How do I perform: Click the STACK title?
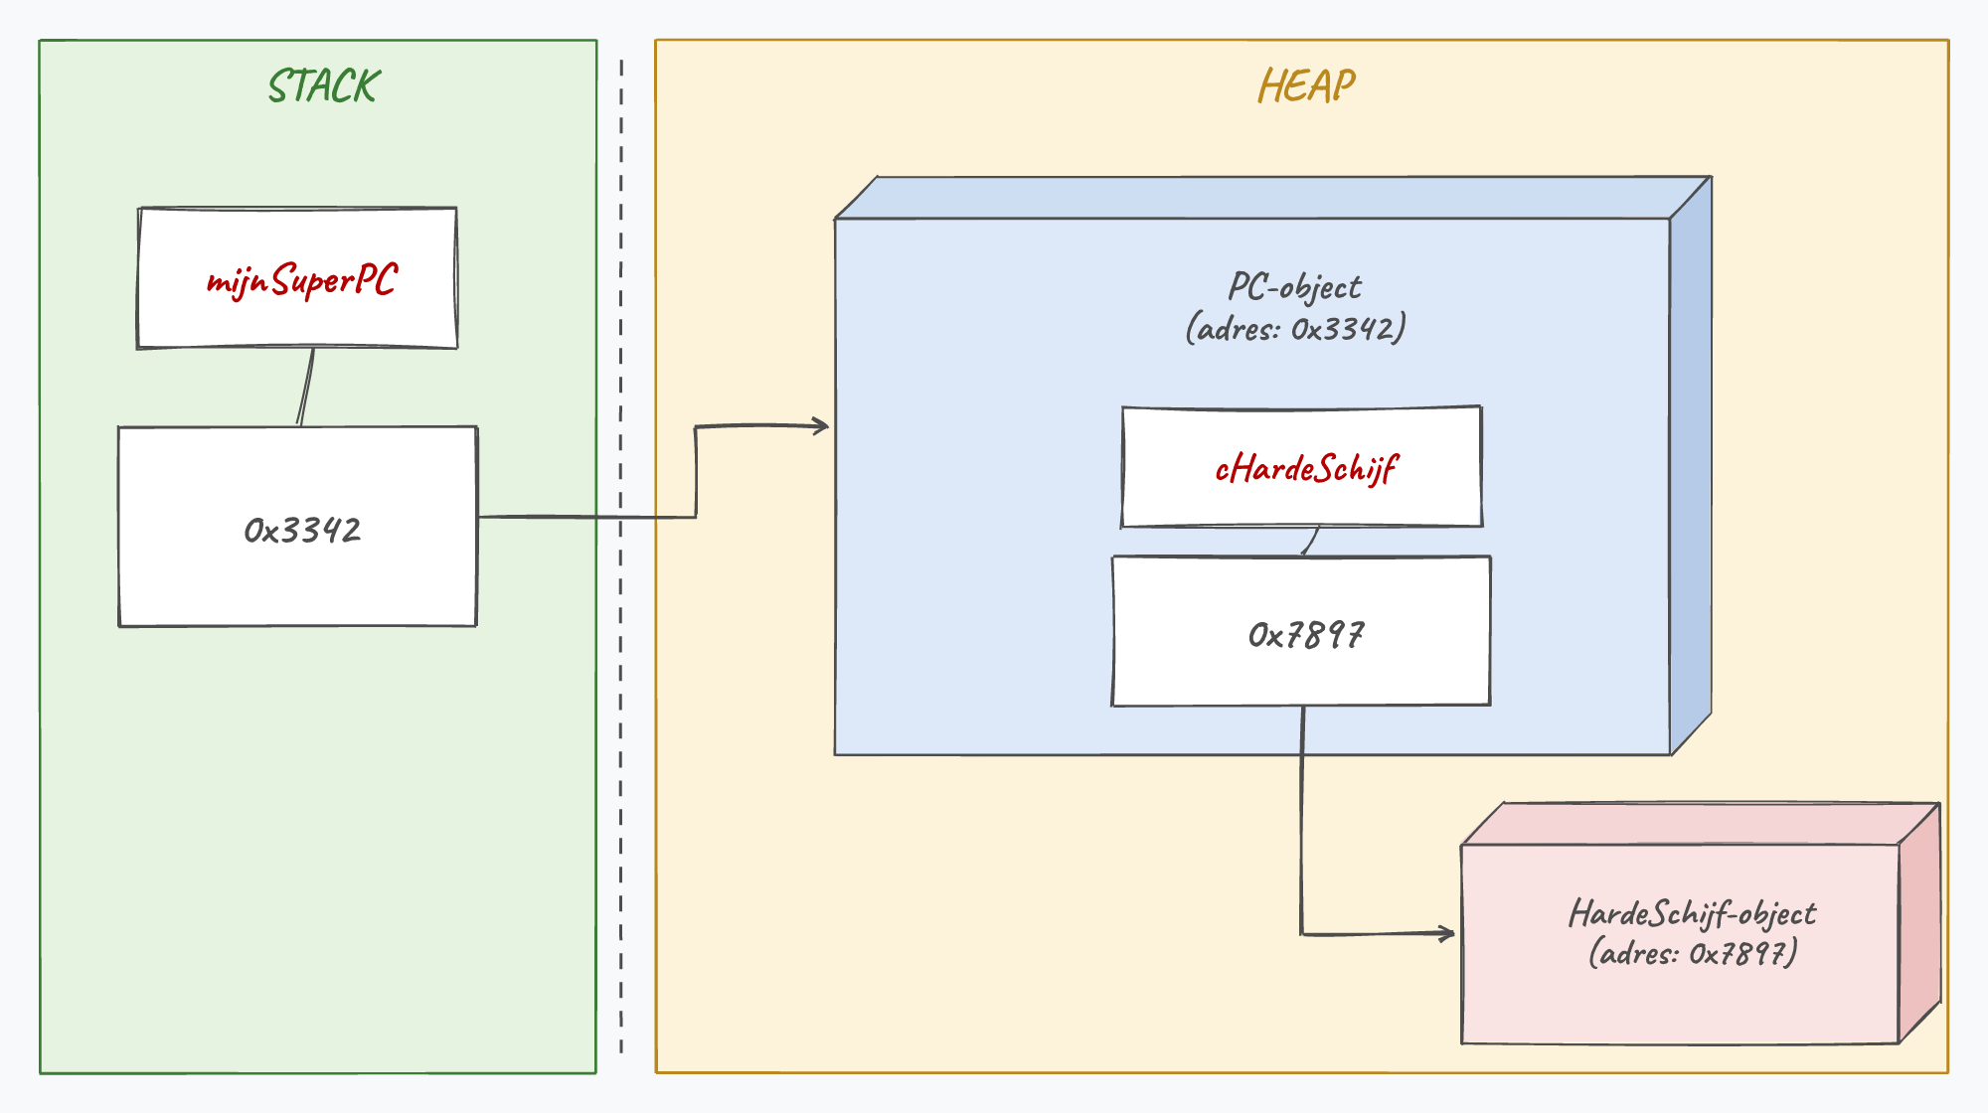point(324,86)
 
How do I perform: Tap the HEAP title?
point(1306,86)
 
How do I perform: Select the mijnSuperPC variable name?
point(302,279)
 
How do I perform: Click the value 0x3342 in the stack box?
point(302,531)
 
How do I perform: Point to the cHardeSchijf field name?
point(1306,468)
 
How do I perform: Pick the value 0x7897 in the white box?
point(1306,635)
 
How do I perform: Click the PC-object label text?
point(1295,288)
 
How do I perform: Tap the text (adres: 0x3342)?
point(1295,328)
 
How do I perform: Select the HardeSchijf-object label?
point(1692,913)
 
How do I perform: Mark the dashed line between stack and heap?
point(621,556)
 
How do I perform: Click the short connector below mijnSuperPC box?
point(306,388)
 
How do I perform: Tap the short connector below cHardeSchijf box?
point(1310,542)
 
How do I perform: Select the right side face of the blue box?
point(1691,465)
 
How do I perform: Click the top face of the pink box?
point(1701,824)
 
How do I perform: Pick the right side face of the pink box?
point(1919,923)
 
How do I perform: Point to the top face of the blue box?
point(1273,198)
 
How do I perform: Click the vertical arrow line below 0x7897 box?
point(1302,820)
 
